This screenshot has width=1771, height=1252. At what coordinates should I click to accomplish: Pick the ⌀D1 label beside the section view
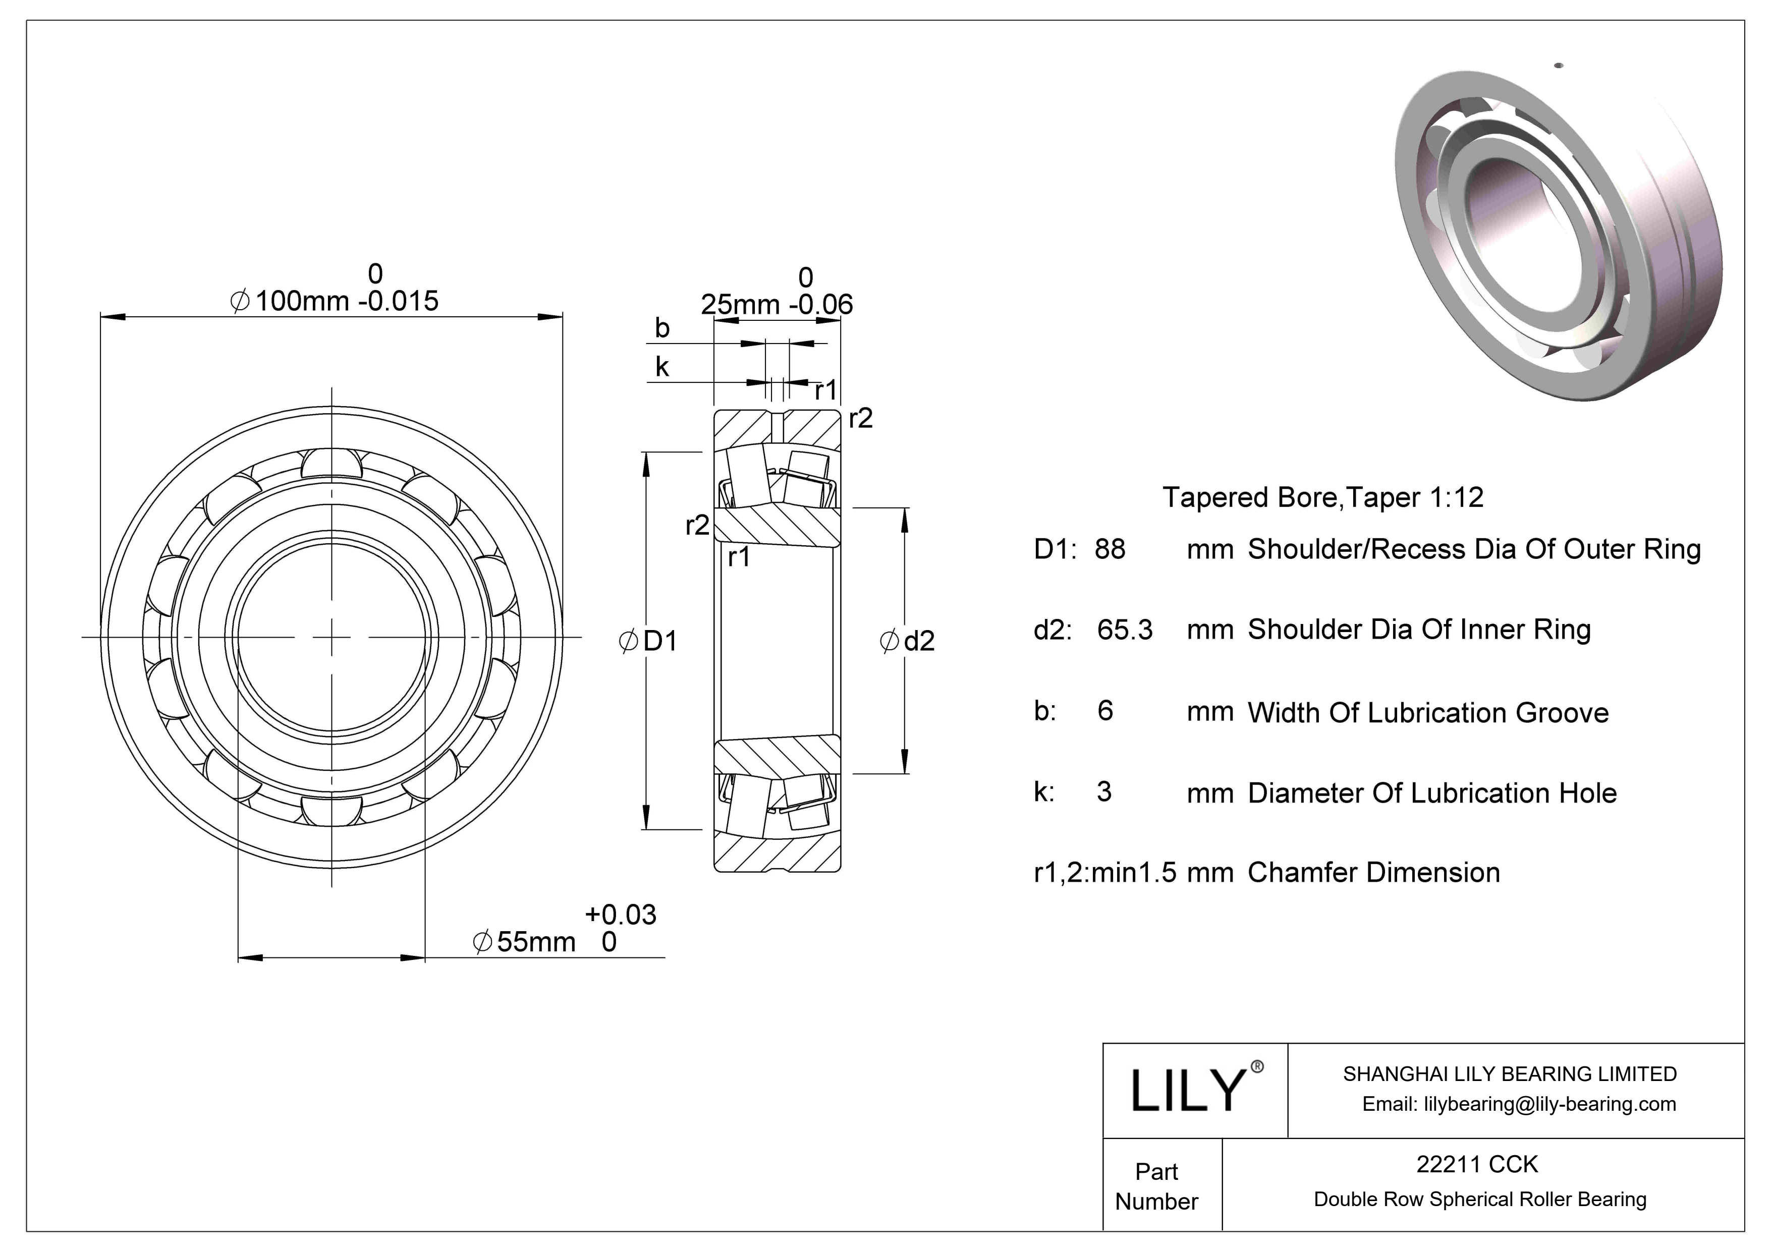649,642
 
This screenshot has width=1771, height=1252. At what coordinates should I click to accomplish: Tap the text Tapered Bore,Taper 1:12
1322,497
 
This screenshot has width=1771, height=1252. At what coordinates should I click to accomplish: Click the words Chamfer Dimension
1373,873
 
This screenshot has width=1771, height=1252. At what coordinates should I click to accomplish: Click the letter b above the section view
662,328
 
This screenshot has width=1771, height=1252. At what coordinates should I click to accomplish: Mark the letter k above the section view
662,367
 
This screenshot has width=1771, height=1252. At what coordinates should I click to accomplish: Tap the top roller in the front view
331,464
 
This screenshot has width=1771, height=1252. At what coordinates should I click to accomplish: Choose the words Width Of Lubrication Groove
1428,713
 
